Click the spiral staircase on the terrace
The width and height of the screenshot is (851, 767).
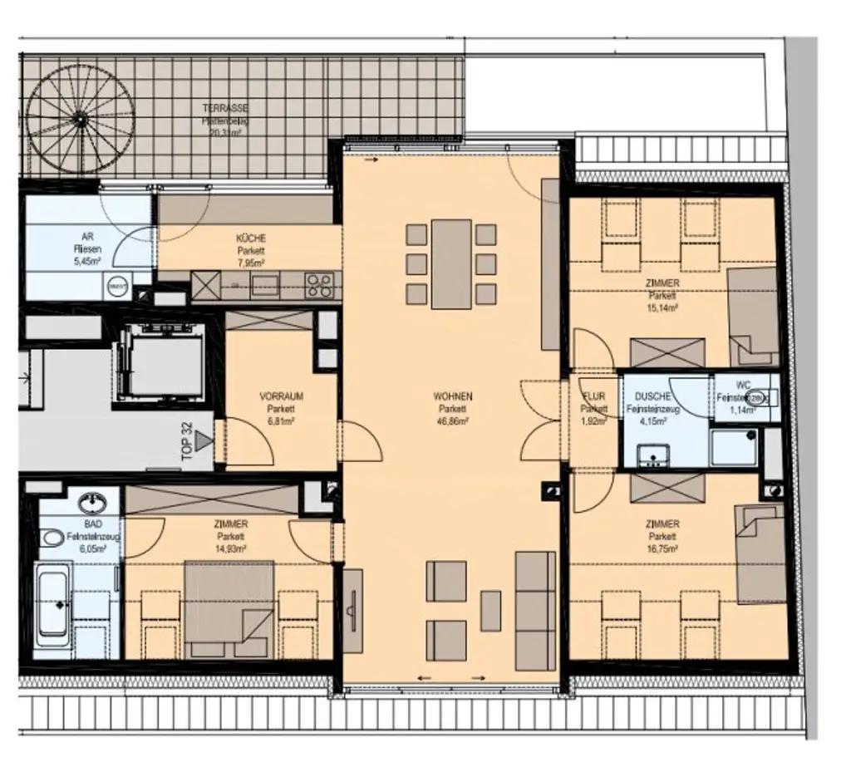80,119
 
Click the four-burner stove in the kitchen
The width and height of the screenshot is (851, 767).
320,285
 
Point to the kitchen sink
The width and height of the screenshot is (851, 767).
265,285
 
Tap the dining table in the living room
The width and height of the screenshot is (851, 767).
451,263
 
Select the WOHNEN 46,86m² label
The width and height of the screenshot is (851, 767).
453,408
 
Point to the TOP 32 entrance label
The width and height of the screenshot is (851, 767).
187,440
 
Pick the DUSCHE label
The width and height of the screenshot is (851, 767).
652,397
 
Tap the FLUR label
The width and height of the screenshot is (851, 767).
594,396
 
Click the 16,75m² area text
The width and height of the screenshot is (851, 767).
662,548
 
